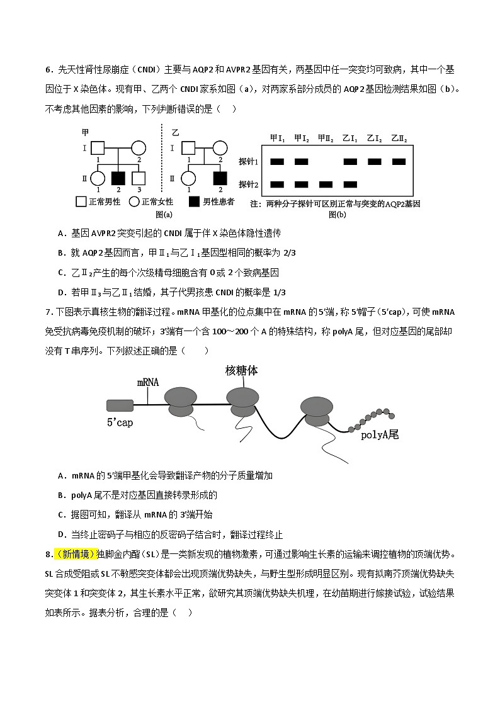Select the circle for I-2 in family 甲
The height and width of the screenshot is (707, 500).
click(x=139, y=149)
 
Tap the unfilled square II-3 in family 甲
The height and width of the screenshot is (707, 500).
click(x=139, y=179)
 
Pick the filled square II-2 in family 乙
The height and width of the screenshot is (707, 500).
click(x=220, y=179)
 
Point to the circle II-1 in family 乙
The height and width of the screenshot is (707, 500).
click(x=188, y=179)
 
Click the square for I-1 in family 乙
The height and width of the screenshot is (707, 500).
click(x=188, y=149)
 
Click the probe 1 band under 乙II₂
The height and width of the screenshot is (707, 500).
click(x=399, y=162)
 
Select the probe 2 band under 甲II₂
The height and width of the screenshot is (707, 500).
click(x=326, y=184)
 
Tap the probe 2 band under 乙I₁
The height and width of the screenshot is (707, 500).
click(x=350, y=184)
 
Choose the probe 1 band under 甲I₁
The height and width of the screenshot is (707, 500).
click(x=276, y=162)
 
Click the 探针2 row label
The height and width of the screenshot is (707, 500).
click(x=249, y=184)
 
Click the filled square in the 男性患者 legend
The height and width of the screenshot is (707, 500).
click(x=195, y=202)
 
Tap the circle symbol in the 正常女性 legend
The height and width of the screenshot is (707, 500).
click(x=134, y=202)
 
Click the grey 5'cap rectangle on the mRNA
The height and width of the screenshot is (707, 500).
click(x=120, y=405)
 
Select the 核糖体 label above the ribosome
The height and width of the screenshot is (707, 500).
click(x=242, y=371)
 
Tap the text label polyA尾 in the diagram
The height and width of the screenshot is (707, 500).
click(x=380, y=434)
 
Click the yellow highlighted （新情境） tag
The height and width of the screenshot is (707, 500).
click(x=75, y=553)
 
